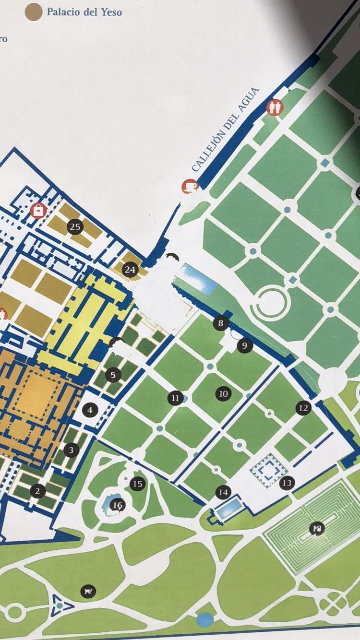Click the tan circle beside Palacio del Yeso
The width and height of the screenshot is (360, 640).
34,12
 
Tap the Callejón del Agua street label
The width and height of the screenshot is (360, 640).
225,130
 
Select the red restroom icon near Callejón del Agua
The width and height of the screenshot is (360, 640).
275,107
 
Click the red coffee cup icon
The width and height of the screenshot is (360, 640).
190,186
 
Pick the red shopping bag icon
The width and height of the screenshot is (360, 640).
38,210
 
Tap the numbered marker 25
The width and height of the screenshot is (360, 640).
75,227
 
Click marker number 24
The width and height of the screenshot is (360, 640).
130,270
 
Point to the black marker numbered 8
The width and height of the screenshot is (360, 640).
220,323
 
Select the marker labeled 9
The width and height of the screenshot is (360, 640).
244,345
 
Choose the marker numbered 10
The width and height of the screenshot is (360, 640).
223,394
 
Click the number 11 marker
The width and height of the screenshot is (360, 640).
175,398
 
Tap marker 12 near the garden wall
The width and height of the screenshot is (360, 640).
303,408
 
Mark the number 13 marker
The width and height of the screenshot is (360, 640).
287,483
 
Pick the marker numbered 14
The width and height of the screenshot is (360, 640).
223,492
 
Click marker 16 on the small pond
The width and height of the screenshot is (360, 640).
117,505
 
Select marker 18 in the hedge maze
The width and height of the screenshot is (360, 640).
316,529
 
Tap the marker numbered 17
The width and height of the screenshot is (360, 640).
88,592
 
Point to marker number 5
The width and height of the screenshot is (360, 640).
113,375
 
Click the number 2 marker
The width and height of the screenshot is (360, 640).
37,491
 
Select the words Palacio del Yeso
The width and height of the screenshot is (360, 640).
84,12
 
